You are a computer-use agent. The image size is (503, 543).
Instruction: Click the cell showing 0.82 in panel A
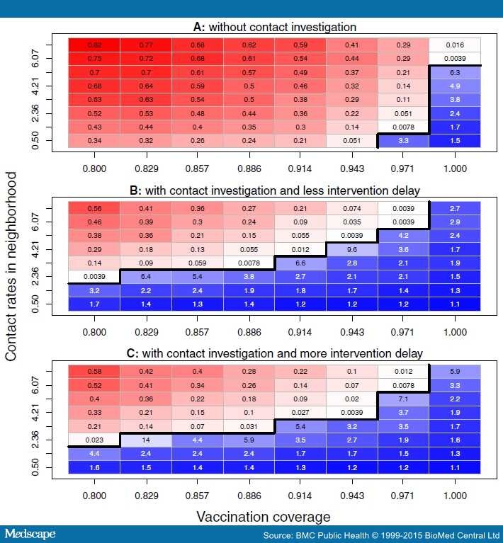(94, 45)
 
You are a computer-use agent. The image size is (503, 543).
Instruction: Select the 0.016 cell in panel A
(454, 45)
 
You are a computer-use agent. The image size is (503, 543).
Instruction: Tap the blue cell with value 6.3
(454, 72)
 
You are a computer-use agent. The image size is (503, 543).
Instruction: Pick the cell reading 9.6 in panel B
(351, 249)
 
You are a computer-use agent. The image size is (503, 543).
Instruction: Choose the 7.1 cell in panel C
(403, 399)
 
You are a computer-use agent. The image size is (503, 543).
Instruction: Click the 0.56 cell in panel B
(94, 208)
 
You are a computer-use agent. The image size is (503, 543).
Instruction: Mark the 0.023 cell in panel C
(94, 440)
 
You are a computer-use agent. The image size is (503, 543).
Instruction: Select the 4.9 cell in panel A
(454, 86)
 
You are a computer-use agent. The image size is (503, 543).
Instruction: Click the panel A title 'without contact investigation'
(275, 28)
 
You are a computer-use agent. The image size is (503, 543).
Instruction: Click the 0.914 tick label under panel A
(300, 170)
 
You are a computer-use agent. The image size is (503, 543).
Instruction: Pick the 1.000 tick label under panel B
(454, 332)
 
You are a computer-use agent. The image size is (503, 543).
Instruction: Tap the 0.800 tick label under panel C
(94, 494)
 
